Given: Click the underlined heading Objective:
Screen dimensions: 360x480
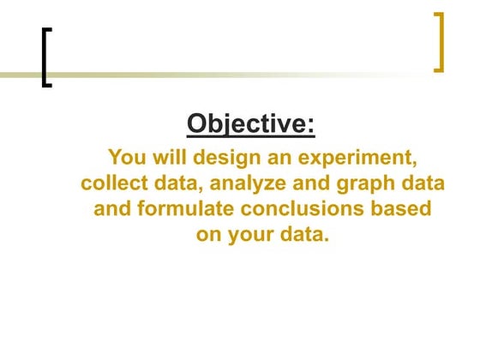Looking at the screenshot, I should pyautogui.click(x=251, y=123).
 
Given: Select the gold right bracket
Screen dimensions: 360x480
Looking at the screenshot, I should pyautogui.click(x=439, y=41).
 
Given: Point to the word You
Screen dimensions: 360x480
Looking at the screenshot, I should pyautogui.click(x=126, y=158).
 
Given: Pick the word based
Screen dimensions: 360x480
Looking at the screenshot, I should pyautogui.click(x=402, y=209).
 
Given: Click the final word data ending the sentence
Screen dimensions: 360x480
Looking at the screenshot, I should pyautogui.click(x=305, y=235).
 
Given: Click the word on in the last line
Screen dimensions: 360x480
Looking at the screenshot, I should pyautogui.click(x=210, y=235).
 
